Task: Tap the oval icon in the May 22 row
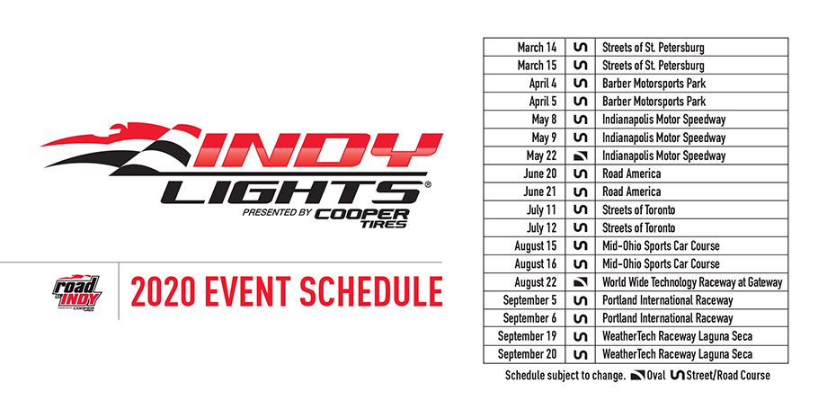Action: click(580, 156)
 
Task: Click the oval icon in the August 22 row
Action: click(580, 282)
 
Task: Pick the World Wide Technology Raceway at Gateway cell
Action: click(692, 282)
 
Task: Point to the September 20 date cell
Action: click(526, 355)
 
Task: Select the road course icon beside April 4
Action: click(580, 83)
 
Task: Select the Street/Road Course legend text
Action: click(727, 375)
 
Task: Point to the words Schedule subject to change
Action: click(565, 375)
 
